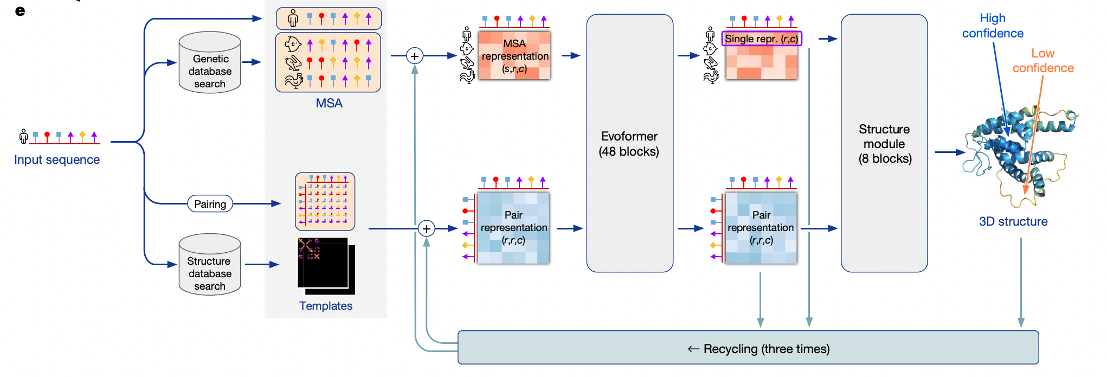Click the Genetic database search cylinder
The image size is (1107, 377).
click(x=210, y=63)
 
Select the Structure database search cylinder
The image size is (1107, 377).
click(x=210, y=265)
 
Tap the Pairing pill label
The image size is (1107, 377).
click(x=210, y=204)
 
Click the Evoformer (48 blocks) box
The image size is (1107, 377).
click(x=629, y=143)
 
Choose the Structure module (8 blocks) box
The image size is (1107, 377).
click(x=884, y=143)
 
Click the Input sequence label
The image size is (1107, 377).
click(x=57, y=159)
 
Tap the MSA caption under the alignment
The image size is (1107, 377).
click(x=329, y=103)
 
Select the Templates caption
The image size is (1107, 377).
click(x=326, y=306)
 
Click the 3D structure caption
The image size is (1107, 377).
click(x=1013, y=221)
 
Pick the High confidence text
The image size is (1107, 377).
click(x=993, y=26)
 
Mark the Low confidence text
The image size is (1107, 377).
click(x=1043, y=61)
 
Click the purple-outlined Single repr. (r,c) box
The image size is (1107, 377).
click(x=761, y=39)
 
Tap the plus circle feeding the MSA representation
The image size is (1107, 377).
click(x=415, y=56)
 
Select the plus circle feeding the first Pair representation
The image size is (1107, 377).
click(x=427, y=229)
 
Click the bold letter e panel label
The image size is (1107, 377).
click(x=20, y=11)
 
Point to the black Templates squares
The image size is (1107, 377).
click(x=325, y=265)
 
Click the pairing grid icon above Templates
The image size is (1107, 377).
click(x=325, y=202)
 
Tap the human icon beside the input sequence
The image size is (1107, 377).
click(x=23, y=136)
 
